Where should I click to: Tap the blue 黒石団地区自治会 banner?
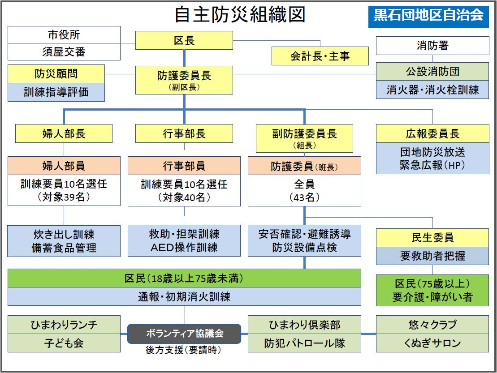428,16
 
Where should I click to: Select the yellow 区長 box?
184,41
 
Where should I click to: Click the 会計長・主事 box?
320,56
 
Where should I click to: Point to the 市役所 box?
64,34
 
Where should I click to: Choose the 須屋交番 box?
64,52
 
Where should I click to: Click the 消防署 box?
432,45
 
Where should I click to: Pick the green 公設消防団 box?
432,72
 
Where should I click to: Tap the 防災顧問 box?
56,73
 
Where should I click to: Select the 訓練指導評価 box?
56,92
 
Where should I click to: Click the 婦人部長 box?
64,133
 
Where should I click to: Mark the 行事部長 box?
184,133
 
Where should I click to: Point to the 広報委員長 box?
432,133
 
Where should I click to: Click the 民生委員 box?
432,237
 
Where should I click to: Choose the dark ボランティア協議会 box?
184,334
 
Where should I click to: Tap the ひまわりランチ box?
64,324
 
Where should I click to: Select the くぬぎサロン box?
432,343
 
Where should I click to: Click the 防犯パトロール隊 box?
304,343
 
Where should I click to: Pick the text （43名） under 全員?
304,197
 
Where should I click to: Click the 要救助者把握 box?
432,256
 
